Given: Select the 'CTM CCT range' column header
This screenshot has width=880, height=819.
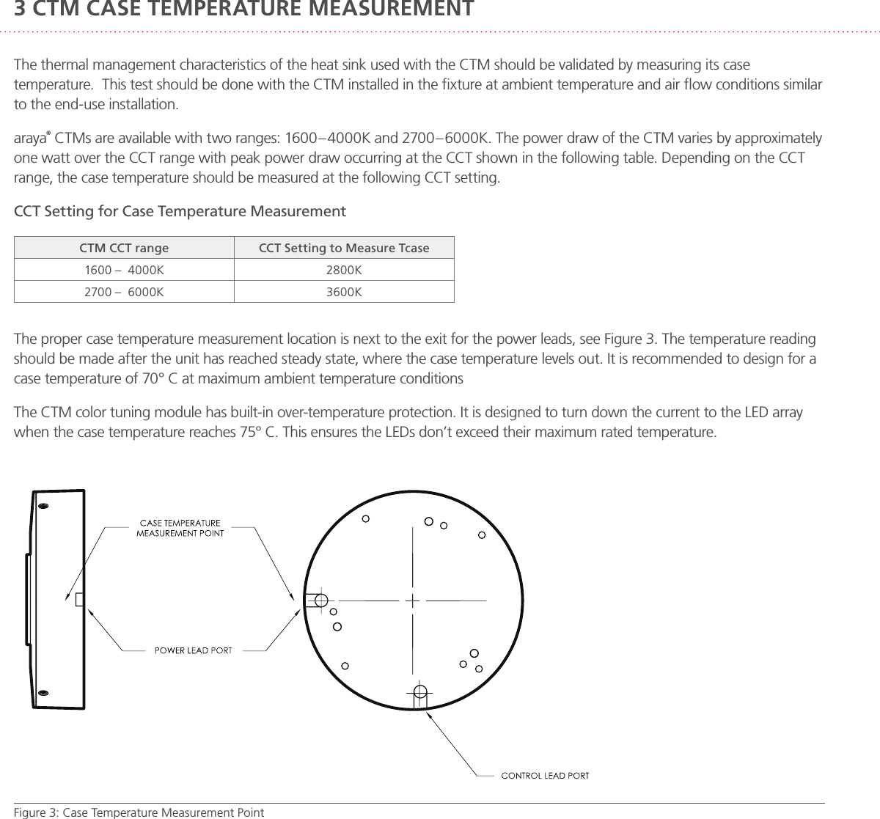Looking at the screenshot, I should coord(124,248).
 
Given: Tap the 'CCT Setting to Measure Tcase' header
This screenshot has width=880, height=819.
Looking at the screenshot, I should coord(344,248).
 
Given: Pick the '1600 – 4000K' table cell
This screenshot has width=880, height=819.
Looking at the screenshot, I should coord(124,270).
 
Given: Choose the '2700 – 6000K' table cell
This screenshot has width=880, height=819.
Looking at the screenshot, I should coord(124,292).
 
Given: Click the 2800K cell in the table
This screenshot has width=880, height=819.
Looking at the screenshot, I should coord(344,270).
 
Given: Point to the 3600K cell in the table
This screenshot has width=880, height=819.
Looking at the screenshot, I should coord(344,292).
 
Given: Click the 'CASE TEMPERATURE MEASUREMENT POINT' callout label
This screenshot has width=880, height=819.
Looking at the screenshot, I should coord(180,528).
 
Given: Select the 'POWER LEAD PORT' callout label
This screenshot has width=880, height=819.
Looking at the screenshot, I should coord(192,650).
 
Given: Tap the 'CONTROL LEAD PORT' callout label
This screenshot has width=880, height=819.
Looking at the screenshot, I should coord(544,775).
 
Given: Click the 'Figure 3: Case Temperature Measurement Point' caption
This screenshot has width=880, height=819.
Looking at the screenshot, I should coord(139,812).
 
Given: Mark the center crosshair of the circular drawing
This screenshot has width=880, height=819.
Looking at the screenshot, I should coord(413,601).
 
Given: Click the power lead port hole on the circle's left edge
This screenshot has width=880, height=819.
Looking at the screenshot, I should coord(320,601).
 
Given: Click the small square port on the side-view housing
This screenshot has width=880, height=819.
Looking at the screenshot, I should coord(79,600).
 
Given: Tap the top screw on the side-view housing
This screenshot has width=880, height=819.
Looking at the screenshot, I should coord(43,507).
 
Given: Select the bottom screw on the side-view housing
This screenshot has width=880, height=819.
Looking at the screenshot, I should coord(43,693).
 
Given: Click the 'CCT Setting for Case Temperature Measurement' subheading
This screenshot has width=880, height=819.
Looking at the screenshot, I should coord(180,212).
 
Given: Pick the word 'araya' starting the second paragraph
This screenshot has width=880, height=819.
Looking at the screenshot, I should coord(31,139).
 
